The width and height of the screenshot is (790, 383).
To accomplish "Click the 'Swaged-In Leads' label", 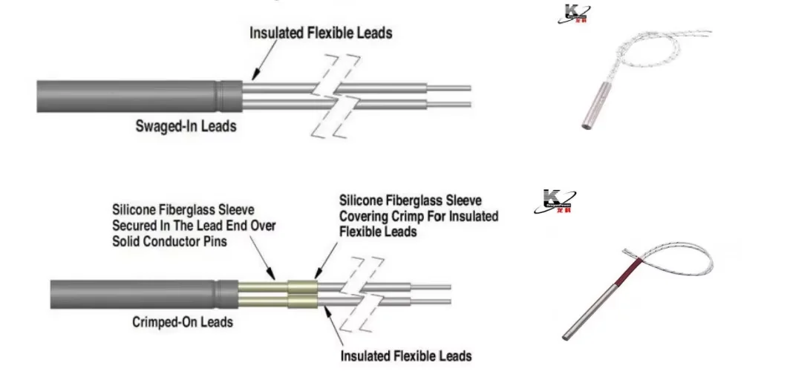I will pos(186,126).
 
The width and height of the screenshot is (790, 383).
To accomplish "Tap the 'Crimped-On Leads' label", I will pos(183,321).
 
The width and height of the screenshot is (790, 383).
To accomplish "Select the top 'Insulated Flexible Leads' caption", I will pos(320,33).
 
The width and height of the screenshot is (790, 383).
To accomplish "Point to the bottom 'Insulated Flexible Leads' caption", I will pos(405,356).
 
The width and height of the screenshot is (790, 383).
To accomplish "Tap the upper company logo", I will pos(573,13).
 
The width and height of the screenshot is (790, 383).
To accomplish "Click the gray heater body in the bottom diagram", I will pos(134,295).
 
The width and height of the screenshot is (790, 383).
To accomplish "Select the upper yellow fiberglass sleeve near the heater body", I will pos(263,286).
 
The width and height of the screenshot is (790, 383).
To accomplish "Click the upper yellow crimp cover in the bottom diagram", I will pos(303,286).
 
